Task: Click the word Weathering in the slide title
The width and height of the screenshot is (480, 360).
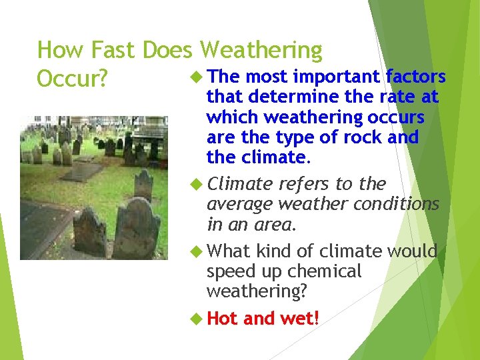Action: tap(261, 51)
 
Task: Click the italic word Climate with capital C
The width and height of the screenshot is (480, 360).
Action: tap(240, 184)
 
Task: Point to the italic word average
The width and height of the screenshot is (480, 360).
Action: tap(239, 205)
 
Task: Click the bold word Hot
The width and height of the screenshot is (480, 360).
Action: tap(223, 319)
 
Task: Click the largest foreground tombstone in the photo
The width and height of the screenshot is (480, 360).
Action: tap(136, 227)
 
